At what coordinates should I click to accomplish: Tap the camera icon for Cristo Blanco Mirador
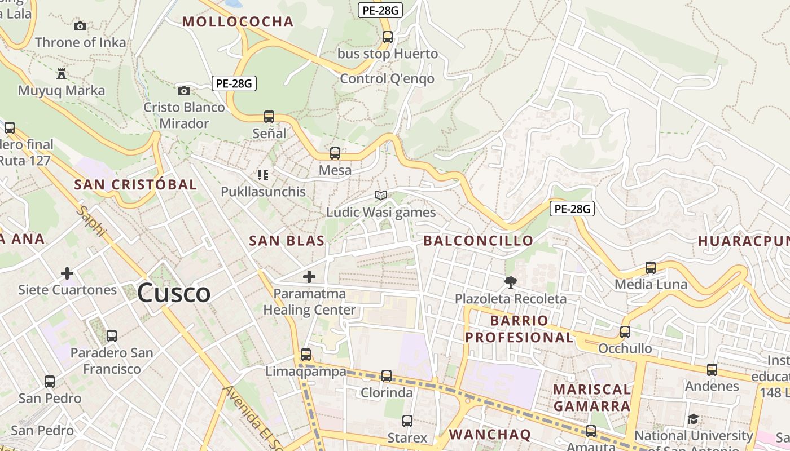pyautogui.click(x=183, y=91)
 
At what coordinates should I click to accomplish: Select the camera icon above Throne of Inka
pyautogui.click(x=80, y=26)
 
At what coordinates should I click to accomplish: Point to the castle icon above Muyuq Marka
pyautogui.click(x=62, y=74)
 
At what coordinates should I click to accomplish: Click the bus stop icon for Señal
pyautogui.click(x=269, y=117)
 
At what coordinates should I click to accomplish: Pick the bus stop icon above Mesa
pyautogui.click(x=335, y=153)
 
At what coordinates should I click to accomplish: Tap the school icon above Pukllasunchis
pyautogui.click(x=262, y=175)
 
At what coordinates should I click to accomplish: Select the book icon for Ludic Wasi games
pyautogui.click(x=381, y=196)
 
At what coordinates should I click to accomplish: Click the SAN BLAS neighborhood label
pyautogui.click(x=287, y=241)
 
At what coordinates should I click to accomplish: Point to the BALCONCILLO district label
pyautogui.click(x=478, y=241)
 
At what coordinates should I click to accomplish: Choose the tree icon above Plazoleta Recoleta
pyautogui.click(x=511, y=282)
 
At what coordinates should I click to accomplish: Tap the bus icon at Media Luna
pyautogui.click(x=651, y=268)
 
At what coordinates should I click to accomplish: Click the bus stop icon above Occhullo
pyautogui.click(x=625, y=332)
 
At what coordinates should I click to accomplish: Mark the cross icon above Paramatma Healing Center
pyautogui.click(x=309, y=277)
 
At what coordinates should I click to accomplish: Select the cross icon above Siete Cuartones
pyautogui.click(x=67, y=273)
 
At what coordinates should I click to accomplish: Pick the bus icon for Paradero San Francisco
pyautogui.click(x=112, y=336)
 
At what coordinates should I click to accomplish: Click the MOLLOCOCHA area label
pyautogui.click(x=238, y=22)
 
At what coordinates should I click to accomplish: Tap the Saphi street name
pyautogui.click(x=91, y=221)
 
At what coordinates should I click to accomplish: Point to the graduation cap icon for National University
pyautogui.click(x=693, y=419)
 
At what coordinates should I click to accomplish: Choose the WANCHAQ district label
pyautogui.click(x=490, y=434)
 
